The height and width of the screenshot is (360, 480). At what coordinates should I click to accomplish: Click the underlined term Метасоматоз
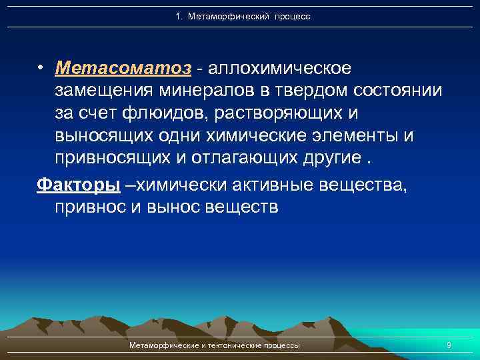click(x=124, y=69)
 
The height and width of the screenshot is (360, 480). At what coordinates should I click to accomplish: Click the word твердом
click(x=297, y=91)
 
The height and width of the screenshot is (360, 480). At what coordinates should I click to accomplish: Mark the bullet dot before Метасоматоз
click(x=41, y=69)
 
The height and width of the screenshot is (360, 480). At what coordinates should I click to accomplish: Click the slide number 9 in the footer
click(x=449, y=345)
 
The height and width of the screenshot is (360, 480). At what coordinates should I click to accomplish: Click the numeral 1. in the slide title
click(x=179, y=16)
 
